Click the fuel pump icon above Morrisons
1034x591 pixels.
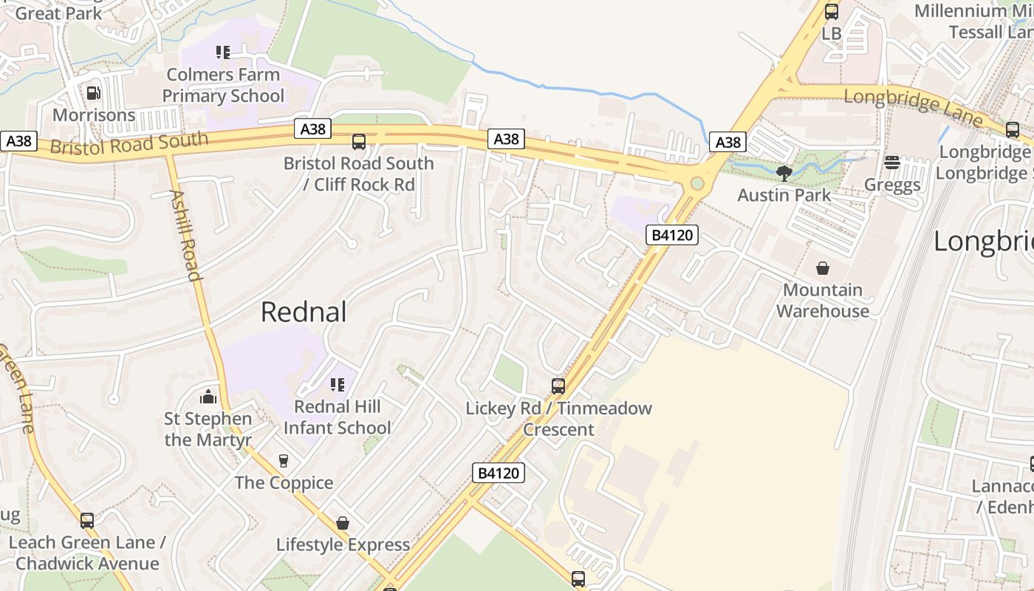(93, 93)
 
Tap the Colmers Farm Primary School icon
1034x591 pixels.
(223, 52)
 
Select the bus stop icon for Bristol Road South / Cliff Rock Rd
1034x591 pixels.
(359, 142)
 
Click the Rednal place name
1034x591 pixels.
(304, 312)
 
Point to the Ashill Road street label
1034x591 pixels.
(185, 236)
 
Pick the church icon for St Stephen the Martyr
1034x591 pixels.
(208, 397)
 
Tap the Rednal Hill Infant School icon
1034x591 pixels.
(338, 384)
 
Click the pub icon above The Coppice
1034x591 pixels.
(284, 461)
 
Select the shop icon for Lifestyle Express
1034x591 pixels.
(343, 523)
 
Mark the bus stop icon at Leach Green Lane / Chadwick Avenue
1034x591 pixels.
(87, 520)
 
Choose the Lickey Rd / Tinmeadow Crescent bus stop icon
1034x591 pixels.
(558, 386)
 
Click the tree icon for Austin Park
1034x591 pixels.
(784, 174)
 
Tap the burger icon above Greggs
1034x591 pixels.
(892, 163)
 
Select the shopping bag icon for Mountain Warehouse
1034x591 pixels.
(823, 268)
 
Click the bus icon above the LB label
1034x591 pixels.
(832, 12)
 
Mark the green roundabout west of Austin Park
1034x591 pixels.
(696, 183)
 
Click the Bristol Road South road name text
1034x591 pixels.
(129, 143)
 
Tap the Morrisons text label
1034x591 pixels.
(94, 115)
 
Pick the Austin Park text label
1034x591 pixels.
(784, 195)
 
